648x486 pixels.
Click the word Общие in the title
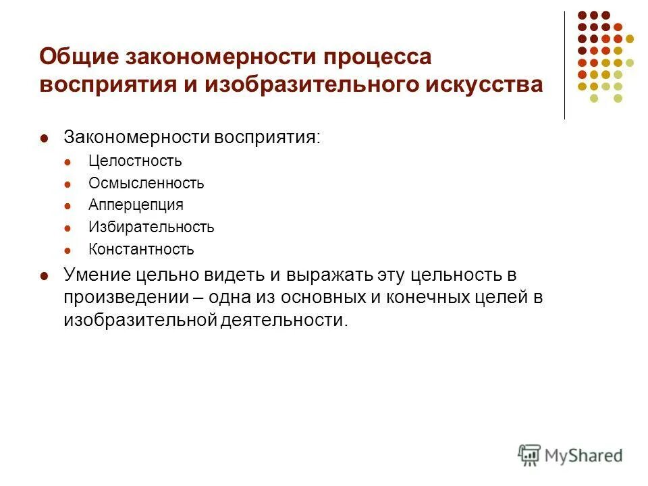coord(76,57)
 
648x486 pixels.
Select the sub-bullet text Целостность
coord(135,161)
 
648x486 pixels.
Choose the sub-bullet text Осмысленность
coord(146,183)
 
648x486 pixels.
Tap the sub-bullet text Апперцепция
coord(136,205)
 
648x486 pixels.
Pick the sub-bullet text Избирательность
coord(151,227)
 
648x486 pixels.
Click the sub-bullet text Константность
coord(141,249)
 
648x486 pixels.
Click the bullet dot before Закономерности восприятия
coord(45,138)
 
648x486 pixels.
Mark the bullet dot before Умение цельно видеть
coord(45,276)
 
